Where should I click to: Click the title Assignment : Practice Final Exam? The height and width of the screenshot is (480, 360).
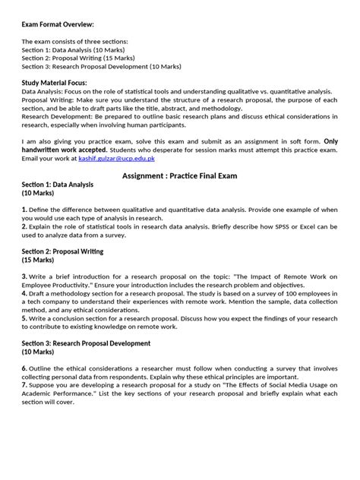pyautogui.click(x=180, y=175)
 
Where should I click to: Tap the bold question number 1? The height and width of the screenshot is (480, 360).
pyautogui.click(x=24, y=209)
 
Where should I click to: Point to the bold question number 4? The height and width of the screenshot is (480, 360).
pyautogui.click(x=24, y=292)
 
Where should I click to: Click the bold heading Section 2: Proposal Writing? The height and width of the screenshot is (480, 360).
pyautogui.click(x=62, y=251)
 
